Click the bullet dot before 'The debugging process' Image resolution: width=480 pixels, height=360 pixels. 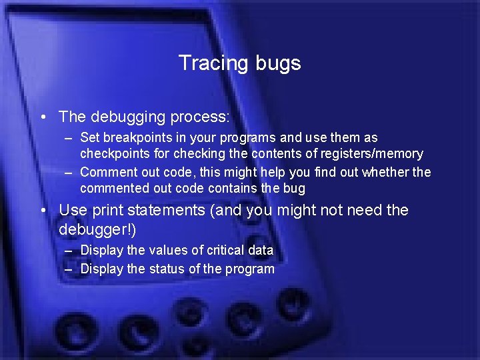click(x=43, y=117)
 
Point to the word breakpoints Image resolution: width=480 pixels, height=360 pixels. click(x=136, y=138)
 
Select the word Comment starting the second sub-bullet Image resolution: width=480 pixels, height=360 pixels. click(x=106, y=173)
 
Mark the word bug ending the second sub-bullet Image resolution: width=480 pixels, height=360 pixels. click(x=294, y=189)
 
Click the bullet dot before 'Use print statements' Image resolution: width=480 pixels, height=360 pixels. click(x=43, y=211)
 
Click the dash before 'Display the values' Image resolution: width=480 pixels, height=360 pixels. click(x=69, y=251)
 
